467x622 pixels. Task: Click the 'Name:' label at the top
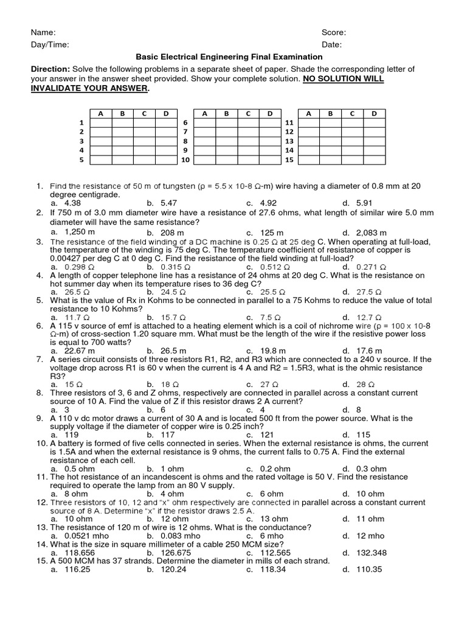click(x=43, y=32)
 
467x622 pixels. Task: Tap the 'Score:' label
click(x=334, y=32)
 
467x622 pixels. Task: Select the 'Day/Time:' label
click(x=50, y=44)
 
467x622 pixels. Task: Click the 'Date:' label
click(x=332, y=44)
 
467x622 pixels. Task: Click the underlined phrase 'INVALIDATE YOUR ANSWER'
click(x=89, y=89)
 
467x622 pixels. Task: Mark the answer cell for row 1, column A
click(x=100, y=123)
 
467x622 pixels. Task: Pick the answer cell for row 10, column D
click(x=269, y=160)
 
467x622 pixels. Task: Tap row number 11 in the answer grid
click(x=289, y=123)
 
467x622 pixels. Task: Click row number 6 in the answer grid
click(x=185, y=123)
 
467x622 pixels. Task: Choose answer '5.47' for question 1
click(x=168, y=203)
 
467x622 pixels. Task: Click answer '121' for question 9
click(x=268, y=435)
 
